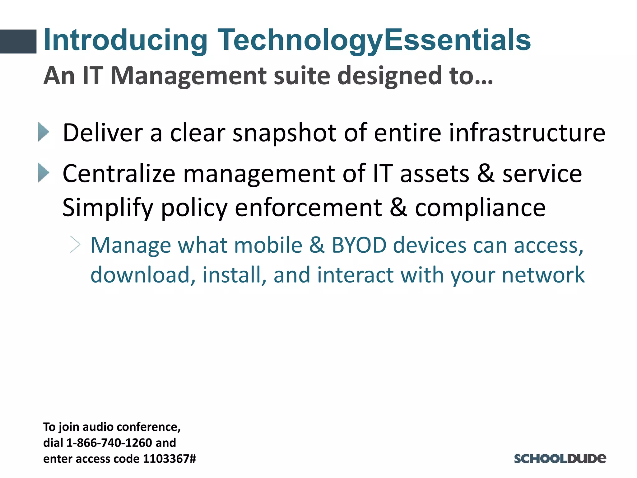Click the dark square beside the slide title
click(x=18, y=41)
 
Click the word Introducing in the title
click(x=126, y=40)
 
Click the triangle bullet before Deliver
click(x=44, y=132)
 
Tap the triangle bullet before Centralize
click(x=44, y=173)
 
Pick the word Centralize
click(x=119, y=173)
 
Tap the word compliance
click(x=480, y=208)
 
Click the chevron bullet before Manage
click(x=75, y=245)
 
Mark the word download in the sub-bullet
click(x=140, y=275)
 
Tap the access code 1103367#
click(x=169, y=459)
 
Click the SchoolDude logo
click(x=560, y=458)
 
